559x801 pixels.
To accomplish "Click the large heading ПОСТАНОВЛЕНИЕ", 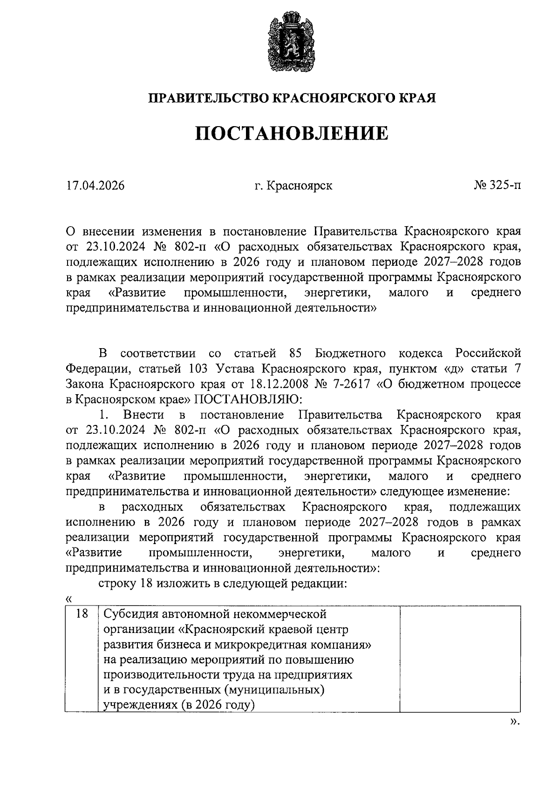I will tap(291, 133).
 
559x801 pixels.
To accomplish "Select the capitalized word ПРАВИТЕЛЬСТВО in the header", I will tap(209, 98).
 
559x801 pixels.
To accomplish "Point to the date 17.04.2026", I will tap(95, 186).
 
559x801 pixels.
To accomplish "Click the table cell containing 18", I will tap(82, 614).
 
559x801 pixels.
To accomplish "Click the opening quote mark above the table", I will tap(69, 599).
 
